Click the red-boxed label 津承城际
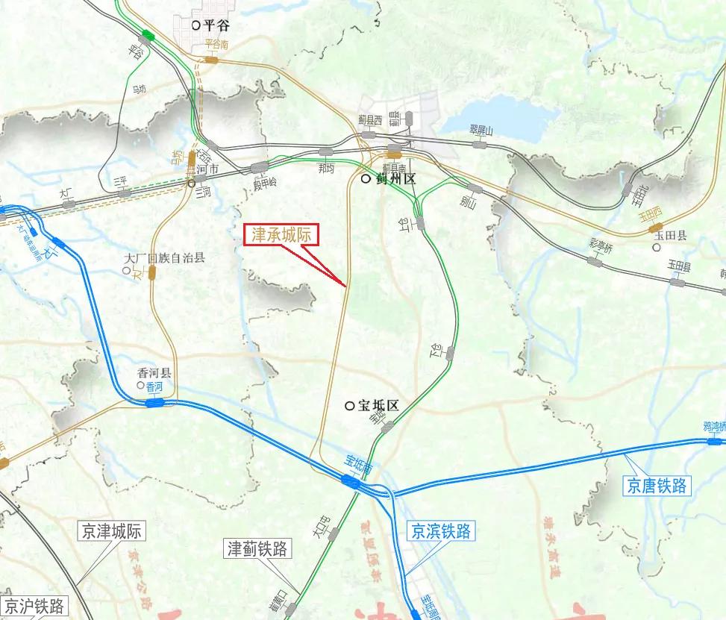283,235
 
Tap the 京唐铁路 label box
657,485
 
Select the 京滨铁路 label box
441,532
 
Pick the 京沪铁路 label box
34,606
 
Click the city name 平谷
215,25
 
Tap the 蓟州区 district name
393,180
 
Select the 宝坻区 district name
379,407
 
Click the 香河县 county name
154,372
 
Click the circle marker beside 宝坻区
349,406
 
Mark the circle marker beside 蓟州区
365,179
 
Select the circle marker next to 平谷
195,25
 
